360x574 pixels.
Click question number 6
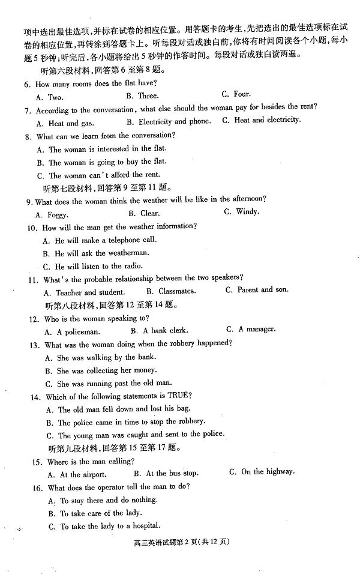pos(27,84)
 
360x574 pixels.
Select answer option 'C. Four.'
pos(236,94)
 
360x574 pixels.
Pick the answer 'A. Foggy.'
pos(52,214)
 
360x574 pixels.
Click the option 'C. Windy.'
pos(241,211)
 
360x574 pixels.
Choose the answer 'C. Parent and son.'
pos(257,289)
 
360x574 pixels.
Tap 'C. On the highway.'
pos(262,472)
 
